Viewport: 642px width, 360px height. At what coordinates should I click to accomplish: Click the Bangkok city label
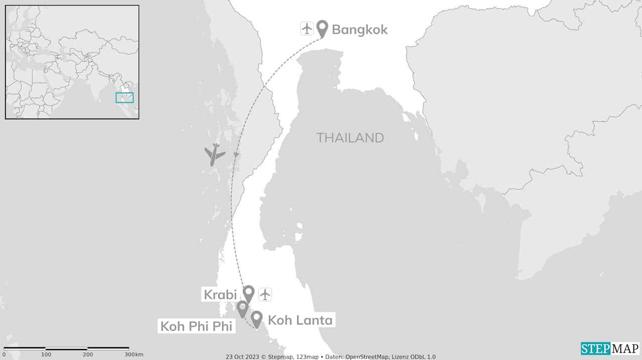pos(360,30)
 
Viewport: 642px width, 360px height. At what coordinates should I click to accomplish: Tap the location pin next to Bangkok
pos(322,28)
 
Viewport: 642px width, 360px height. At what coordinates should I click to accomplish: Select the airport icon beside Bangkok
pos(306,29)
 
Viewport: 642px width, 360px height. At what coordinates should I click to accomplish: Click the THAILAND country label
pos(350,138)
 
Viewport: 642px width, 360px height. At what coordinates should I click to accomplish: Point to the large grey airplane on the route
pos(215,154)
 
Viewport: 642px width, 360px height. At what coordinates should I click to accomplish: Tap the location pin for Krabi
pos(248,293)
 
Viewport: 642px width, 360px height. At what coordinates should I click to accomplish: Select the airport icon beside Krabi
pos(265,294)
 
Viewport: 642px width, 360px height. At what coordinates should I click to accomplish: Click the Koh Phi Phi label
pos(196,326)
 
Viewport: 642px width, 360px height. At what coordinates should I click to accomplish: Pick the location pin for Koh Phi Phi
pos(242,308)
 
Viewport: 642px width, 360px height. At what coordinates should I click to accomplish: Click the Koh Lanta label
pos(300,320)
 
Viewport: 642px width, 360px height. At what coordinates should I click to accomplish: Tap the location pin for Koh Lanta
pos(257,318)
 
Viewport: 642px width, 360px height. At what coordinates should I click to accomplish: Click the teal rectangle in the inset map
pos(124,98)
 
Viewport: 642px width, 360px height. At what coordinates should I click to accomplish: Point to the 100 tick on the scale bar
pos(46,348)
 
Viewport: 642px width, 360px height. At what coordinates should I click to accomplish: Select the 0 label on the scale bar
pos(4,355)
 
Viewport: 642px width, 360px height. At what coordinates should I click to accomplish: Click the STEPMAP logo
pos(610,348)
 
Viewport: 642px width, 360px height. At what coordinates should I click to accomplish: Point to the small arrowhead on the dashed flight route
pos(236,155)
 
